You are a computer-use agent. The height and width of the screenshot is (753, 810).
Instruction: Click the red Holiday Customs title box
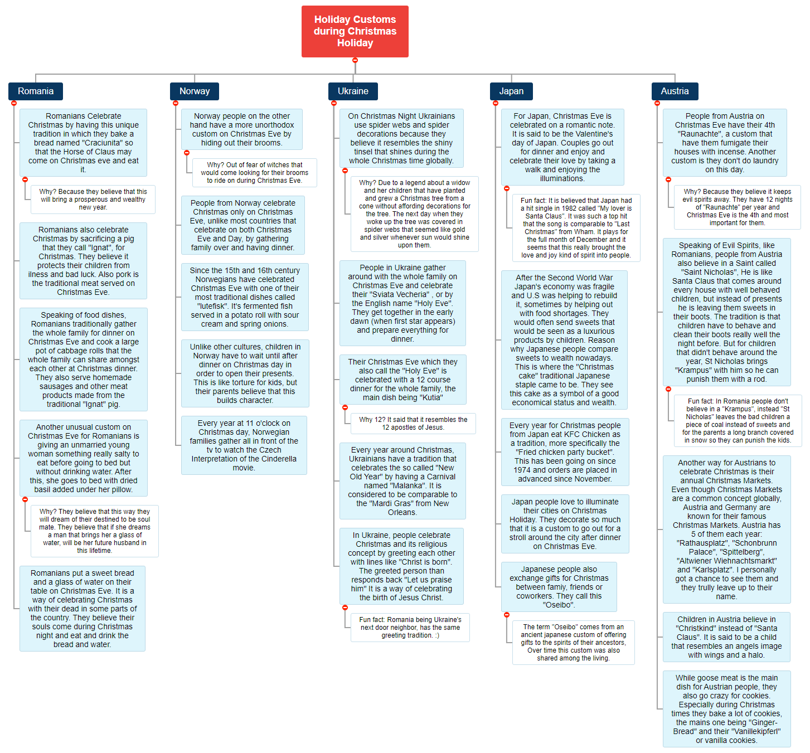pos(355,31)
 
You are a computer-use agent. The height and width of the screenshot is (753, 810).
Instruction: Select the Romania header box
pos(36,91)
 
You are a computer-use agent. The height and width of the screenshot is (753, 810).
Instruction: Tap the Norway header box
pos(194,91)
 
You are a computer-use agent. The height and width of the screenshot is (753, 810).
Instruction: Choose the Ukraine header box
pos(353,91)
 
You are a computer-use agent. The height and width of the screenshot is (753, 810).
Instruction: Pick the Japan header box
pos(511,91)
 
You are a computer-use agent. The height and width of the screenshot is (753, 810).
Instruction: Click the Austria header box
pos(675,91)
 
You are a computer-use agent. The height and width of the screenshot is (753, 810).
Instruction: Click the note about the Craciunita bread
pos(83,143)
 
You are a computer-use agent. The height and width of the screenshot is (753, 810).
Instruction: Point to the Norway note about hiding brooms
pos(241,129)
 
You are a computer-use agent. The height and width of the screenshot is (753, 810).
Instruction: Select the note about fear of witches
pos(254,173)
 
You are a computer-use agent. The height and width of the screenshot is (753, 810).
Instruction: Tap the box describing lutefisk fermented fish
pos(245,297)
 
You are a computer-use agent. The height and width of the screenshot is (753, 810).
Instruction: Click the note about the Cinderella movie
pos(244,445)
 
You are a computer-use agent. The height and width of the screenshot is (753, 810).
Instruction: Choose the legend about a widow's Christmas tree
pos(414,214)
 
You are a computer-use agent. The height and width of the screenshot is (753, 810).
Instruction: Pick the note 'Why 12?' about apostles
pos(413,424)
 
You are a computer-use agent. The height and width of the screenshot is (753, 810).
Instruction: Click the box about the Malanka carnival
pos(402,481)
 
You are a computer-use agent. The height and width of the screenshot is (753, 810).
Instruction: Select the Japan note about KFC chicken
pos(565,452)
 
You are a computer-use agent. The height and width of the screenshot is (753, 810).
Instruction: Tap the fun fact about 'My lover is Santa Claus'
pos(576,228)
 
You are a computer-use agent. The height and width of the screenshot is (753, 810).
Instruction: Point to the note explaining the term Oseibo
pos(573,643)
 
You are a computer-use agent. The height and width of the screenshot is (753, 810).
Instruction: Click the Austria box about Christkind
pos(726,637)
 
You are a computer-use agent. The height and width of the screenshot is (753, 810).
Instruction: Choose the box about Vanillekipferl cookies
pos(726,709)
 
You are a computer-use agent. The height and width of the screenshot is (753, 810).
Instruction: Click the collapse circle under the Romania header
pos(14,103)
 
